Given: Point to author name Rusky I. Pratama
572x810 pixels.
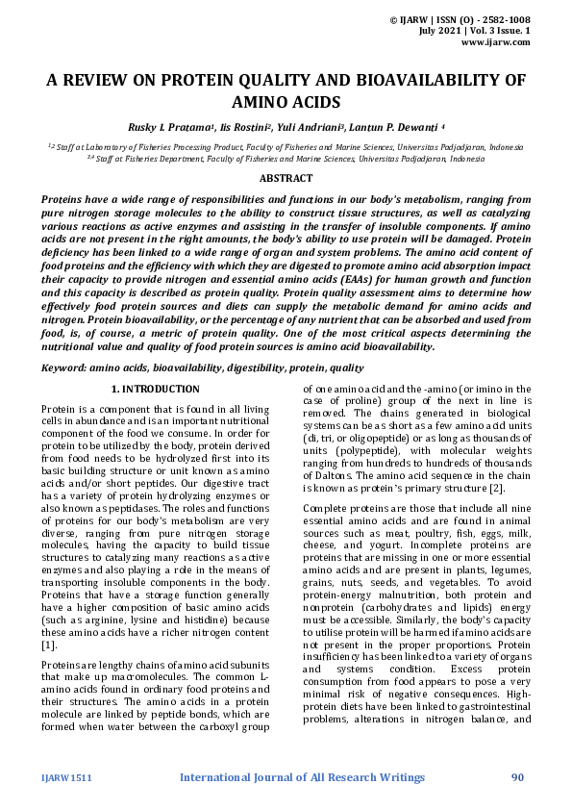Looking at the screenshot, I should click(166, 125).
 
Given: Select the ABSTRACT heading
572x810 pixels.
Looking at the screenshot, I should click(286, 178).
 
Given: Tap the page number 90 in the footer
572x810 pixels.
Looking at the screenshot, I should click(517, 776).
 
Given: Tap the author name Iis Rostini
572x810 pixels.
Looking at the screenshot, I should click(244, 125).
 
